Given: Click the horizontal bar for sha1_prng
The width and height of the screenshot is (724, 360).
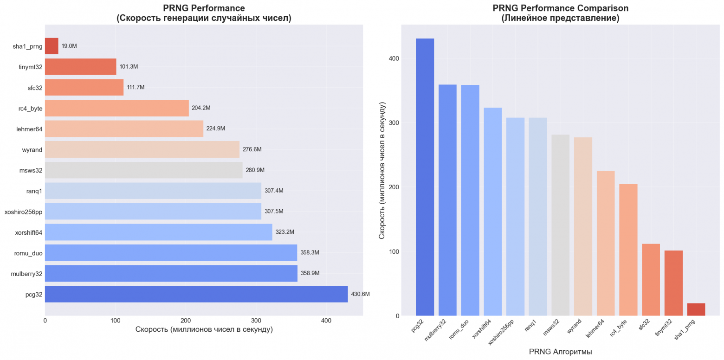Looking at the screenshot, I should pos(52,46).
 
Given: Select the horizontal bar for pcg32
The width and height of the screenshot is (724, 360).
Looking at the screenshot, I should pos(196,294).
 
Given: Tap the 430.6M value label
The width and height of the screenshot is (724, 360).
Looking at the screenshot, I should pos(360,294).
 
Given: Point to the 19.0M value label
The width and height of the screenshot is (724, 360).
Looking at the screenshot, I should pos(69,46).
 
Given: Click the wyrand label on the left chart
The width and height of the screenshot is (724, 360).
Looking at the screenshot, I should pos(32,149).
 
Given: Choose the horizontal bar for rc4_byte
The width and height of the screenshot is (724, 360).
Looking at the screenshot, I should pos(116,108).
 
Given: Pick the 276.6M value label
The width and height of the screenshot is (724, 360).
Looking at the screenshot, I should pos(252,149).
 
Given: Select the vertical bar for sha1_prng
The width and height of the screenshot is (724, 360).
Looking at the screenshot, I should pos(696,309).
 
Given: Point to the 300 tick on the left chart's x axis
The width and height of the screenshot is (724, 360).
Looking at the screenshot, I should pos(256,321).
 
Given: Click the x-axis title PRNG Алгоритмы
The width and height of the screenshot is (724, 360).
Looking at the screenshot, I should pos(560,352).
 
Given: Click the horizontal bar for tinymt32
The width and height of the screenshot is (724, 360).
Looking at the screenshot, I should pos(80,67).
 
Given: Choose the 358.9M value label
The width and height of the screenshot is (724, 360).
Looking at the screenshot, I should pos(310,273).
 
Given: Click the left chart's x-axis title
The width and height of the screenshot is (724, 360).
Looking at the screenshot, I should pos(204,329).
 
